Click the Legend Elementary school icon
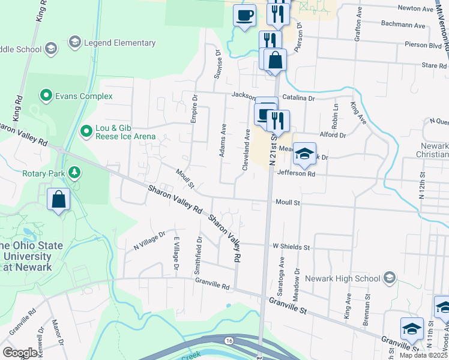point(75,42)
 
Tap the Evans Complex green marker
point(46,95)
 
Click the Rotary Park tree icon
point(74,173)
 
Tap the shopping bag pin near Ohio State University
point(59,199)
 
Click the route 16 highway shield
point(229,340)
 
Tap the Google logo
point(20,353)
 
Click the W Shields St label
point(291,247)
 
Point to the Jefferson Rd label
point(296,174)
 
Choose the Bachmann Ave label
point(403,26)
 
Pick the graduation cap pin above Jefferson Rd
point(304,154)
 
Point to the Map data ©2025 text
point(423,355)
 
